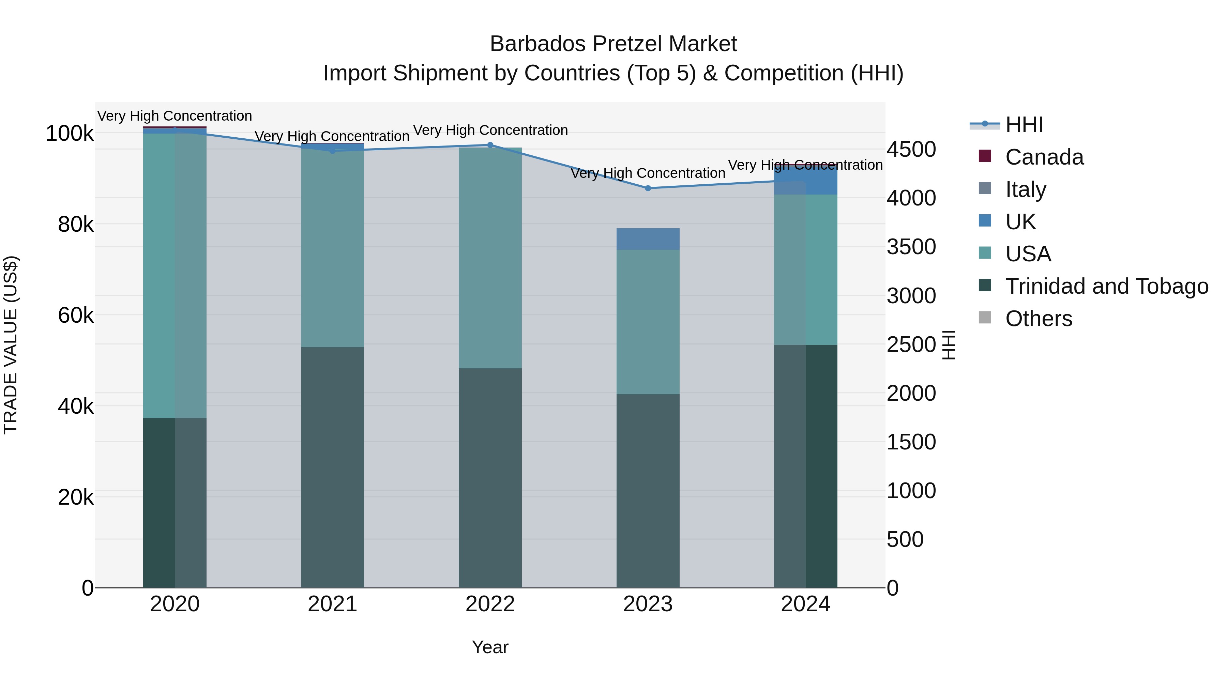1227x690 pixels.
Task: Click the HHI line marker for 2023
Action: pos(648,188)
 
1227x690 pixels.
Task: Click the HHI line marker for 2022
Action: pos(490,145)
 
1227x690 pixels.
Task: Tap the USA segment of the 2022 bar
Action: pos(490,258)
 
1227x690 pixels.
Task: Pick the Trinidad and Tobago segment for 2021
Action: pos(332,467)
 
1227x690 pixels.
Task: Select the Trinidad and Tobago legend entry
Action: pos(1106,286)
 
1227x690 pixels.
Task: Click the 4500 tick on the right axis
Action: pos(911,149)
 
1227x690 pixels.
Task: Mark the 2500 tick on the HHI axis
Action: pos(911,344)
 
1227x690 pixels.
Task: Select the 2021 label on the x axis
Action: pos(332,604)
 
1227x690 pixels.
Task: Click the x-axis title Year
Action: pos(490,647)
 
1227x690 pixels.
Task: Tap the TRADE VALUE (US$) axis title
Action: pos(11,345)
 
